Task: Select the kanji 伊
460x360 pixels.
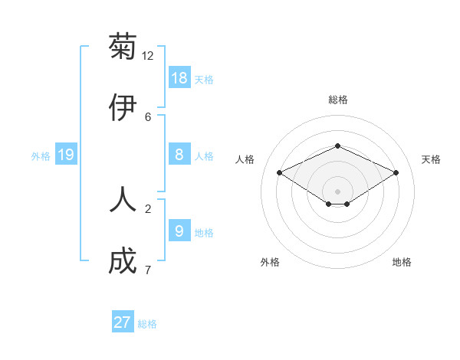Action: point(123,108)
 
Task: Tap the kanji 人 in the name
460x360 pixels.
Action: point(123,198)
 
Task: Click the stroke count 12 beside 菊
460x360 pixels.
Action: point(148,55)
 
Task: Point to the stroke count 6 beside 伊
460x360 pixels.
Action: point(148,116)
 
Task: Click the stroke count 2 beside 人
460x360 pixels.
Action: point(148,208)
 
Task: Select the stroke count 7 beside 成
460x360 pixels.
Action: point(148,270)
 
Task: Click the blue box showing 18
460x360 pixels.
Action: point(179,77)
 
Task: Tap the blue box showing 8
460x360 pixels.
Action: point(179,155)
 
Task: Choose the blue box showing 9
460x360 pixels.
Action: point(179,231)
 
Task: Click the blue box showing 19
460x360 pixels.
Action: point(66,155)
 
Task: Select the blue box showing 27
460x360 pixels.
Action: point(123,322)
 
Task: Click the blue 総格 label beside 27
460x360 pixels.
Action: point(147,324)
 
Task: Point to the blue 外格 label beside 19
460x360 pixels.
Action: point(41,156)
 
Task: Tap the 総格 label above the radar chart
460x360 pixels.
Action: point(338,100)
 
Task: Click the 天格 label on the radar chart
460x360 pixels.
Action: point(432,159)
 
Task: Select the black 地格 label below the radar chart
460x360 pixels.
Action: point(402,262)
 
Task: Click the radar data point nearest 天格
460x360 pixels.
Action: point(396,173)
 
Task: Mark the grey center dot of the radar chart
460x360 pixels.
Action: point(338,191)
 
